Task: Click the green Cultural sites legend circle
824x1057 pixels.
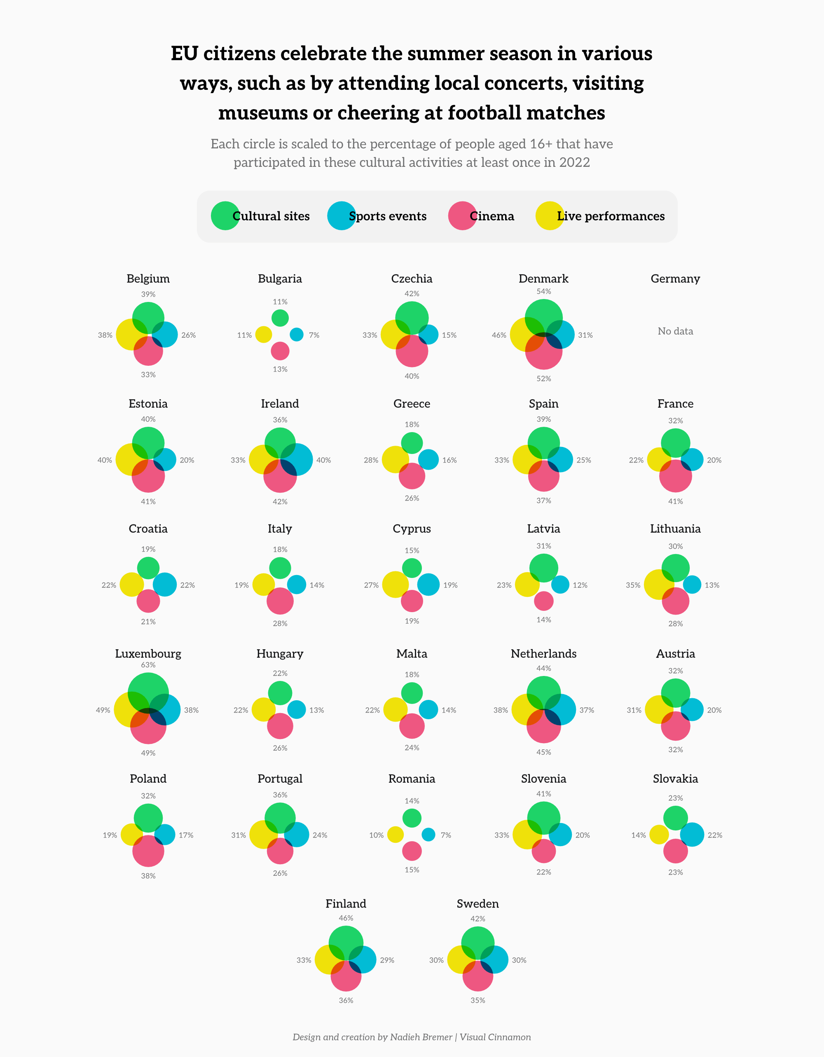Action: [225, 216]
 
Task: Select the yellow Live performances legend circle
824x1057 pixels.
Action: [550, 216]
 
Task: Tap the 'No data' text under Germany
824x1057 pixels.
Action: [675, 331]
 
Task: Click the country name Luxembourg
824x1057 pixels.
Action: [148, 653]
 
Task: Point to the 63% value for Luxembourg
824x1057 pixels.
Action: [148, 665]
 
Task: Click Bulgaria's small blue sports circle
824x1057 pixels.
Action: [296, 334]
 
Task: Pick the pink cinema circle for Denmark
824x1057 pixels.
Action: [544, 356]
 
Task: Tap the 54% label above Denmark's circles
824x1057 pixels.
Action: [544, 291]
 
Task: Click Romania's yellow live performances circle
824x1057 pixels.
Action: [395, 835]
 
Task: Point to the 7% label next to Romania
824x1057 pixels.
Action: [446, 835]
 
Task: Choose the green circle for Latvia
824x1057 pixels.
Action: [544, 568]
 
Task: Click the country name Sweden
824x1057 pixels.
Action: [478, 904]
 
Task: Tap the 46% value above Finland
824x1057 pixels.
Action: [346, 918]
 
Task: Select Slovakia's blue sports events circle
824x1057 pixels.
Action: [692, 835]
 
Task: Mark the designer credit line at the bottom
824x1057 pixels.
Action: [412, 1037]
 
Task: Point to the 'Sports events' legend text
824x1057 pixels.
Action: [388, 216]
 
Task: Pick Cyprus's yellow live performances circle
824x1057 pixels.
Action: [395, 585]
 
